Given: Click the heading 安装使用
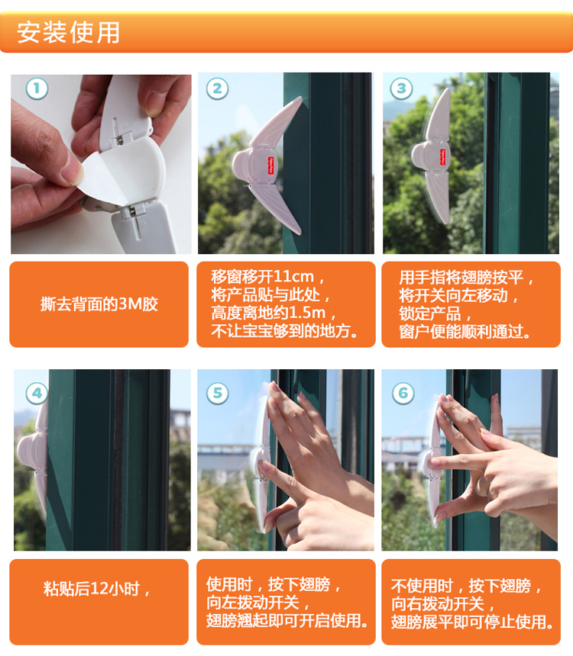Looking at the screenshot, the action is click(68, 32).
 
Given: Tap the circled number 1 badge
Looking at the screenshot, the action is click(37, 88).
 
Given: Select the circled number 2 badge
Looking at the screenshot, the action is click(217, 88).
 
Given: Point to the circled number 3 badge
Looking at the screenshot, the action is click(402, 88).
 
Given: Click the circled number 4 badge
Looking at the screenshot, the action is click(37, 394).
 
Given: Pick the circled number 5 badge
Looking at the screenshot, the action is click(218, 394).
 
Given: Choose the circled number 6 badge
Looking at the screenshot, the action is click(403, 394).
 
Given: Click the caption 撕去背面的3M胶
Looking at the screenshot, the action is click(99, 304).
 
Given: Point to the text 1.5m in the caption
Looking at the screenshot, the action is click(307, 313).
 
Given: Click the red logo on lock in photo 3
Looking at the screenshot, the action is click(442, 157).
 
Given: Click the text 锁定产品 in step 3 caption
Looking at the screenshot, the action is click(430, 314).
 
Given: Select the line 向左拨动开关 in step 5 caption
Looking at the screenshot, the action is click(252, 603).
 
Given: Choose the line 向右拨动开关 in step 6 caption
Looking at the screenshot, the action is click(438, 603).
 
